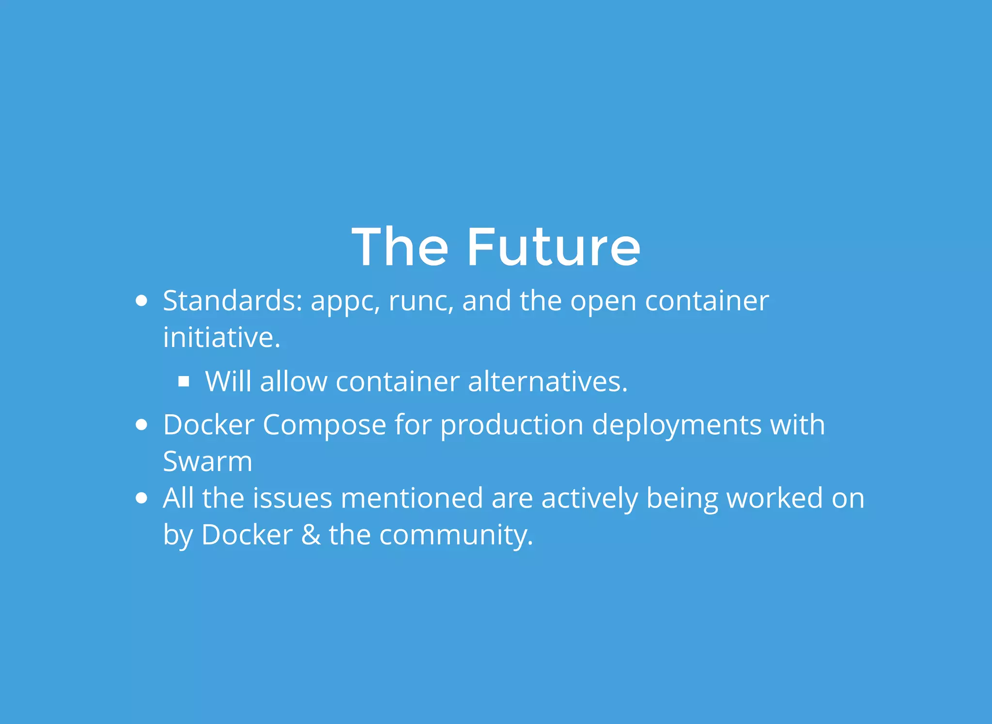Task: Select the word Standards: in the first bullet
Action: pos(232,301)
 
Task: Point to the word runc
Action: pos(421,302)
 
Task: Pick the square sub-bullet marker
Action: pos(184,382)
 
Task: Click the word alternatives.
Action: pos(547,381)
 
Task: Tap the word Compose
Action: pos(324,425)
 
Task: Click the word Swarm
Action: pos(207,461)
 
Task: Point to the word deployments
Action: pos(677,425)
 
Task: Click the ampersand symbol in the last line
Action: pos(310,535)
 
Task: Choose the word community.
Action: pos(455,536)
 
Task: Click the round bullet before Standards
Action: pos(141,301)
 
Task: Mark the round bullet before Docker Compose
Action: pos(141,425)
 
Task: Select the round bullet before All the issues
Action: pos(141,498)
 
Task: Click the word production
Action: pos(511,425)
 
